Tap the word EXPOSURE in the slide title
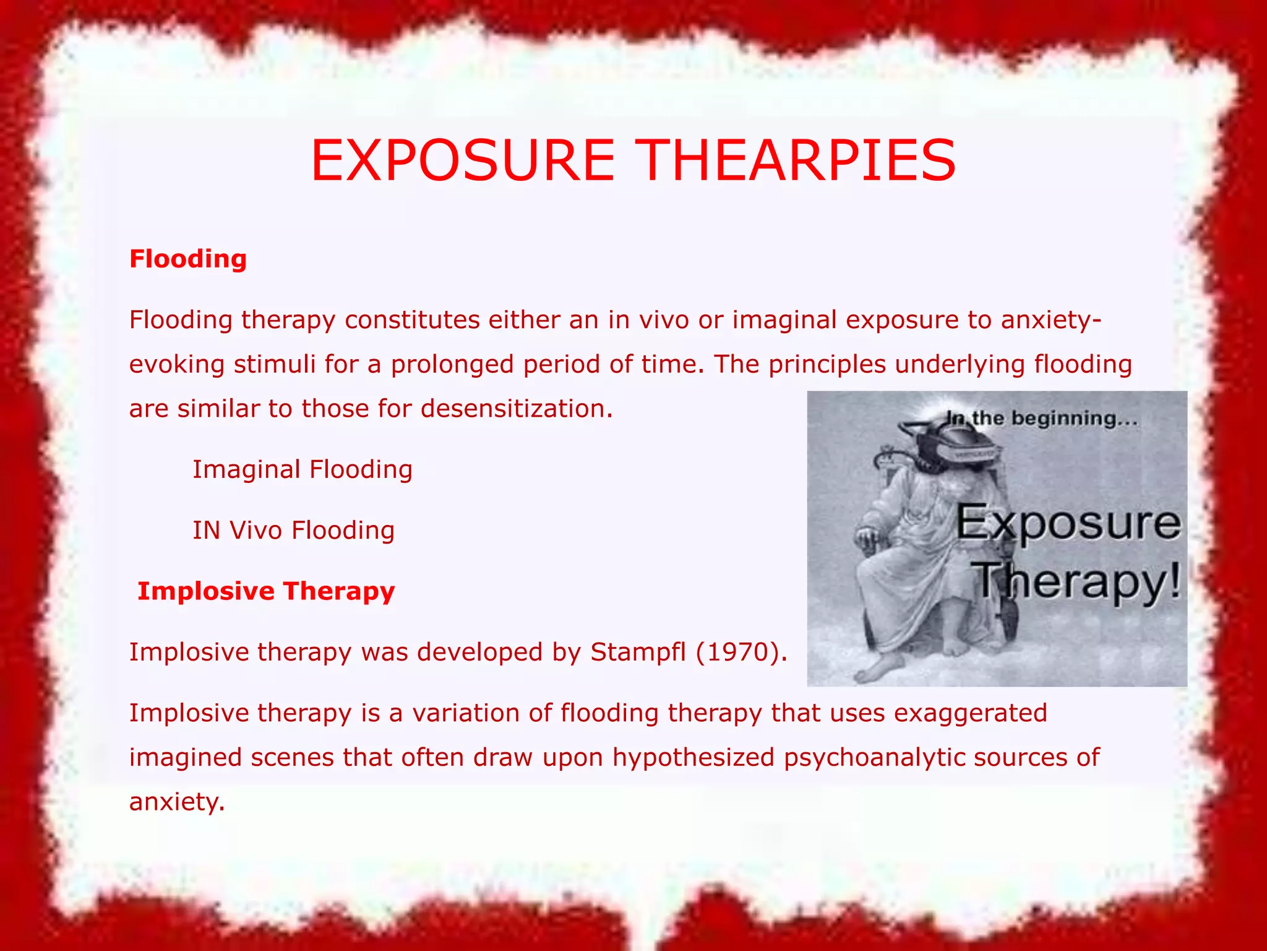pyautogui.click(x=463, y=160)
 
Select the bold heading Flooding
pyautogui.click(x=188, y=259)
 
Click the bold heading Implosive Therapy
pyautogui.click(x=266, y=591)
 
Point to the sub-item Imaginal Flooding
pyautogui.click(x=303, y=469)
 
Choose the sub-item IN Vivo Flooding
pyautogui.click(x=293, y=530)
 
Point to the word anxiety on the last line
pyautogui.click(x=176, y=802)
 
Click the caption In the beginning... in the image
pyautogui.click(x=1042, y=419)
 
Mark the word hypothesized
pyautogui.click(x=694, y=758)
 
